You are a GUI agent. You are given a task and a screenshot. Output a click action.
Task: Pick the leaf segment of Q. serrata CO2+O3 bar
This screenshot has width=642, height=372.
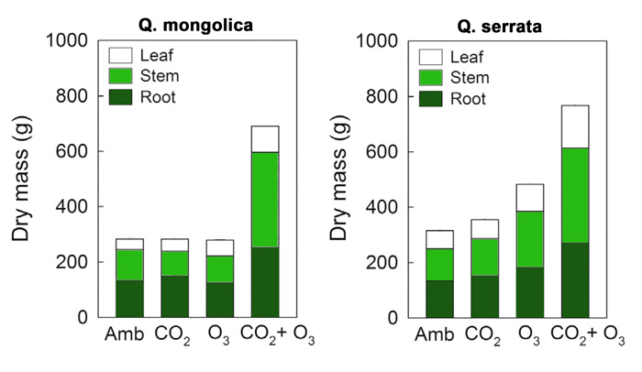pos(588,126)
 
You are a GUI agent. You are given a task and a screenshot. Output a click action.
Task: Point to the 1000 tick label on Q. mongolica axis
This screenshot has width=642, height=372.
pos(68,40)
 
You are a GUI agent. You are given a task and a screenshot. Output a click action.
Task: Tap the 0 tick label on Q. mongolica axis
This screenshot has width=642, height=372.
pos(81,317)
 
